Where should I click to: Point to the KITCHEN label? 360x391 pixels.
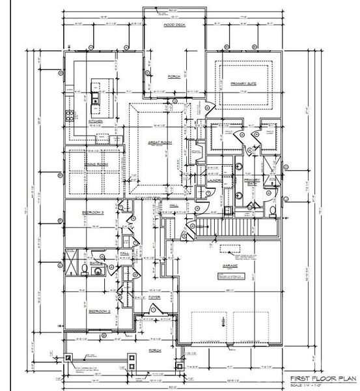point(96,121)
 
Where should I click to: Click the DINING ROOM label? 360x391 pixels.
point(95,166)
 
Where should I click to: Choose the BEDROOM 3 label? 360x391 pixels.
point(93,212)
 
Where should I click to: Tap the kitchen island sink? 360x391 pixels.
point(97,99)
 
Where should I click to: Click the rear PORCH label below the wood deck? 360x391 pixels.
point(174,76)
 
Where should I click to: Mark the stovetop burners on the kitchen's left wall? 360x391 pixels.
point(68,117)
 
